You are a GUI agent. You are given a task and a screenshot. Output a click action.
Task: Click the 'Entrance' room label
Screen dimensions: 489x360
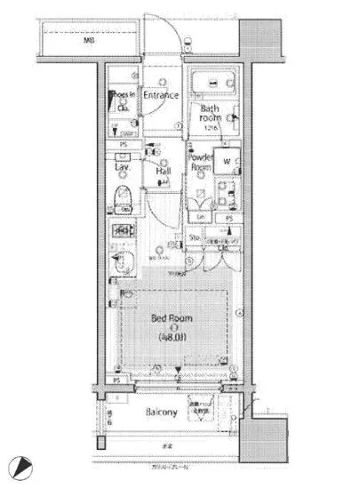(162, 94)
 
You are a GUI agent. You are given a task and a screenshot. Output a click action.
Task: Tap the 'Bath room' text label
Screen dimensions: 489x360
(209, 114)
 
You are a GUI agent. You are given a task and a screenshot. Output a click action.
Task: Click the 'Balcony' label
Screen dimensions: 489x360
(162, 413)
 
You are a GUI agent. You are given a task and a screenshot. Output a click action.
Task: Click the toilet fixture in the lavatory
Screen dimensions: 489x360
(122, 199)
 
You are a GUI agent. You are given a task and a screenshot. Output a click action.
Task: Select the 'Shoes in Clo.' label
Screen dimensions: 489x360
(123, 100)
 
